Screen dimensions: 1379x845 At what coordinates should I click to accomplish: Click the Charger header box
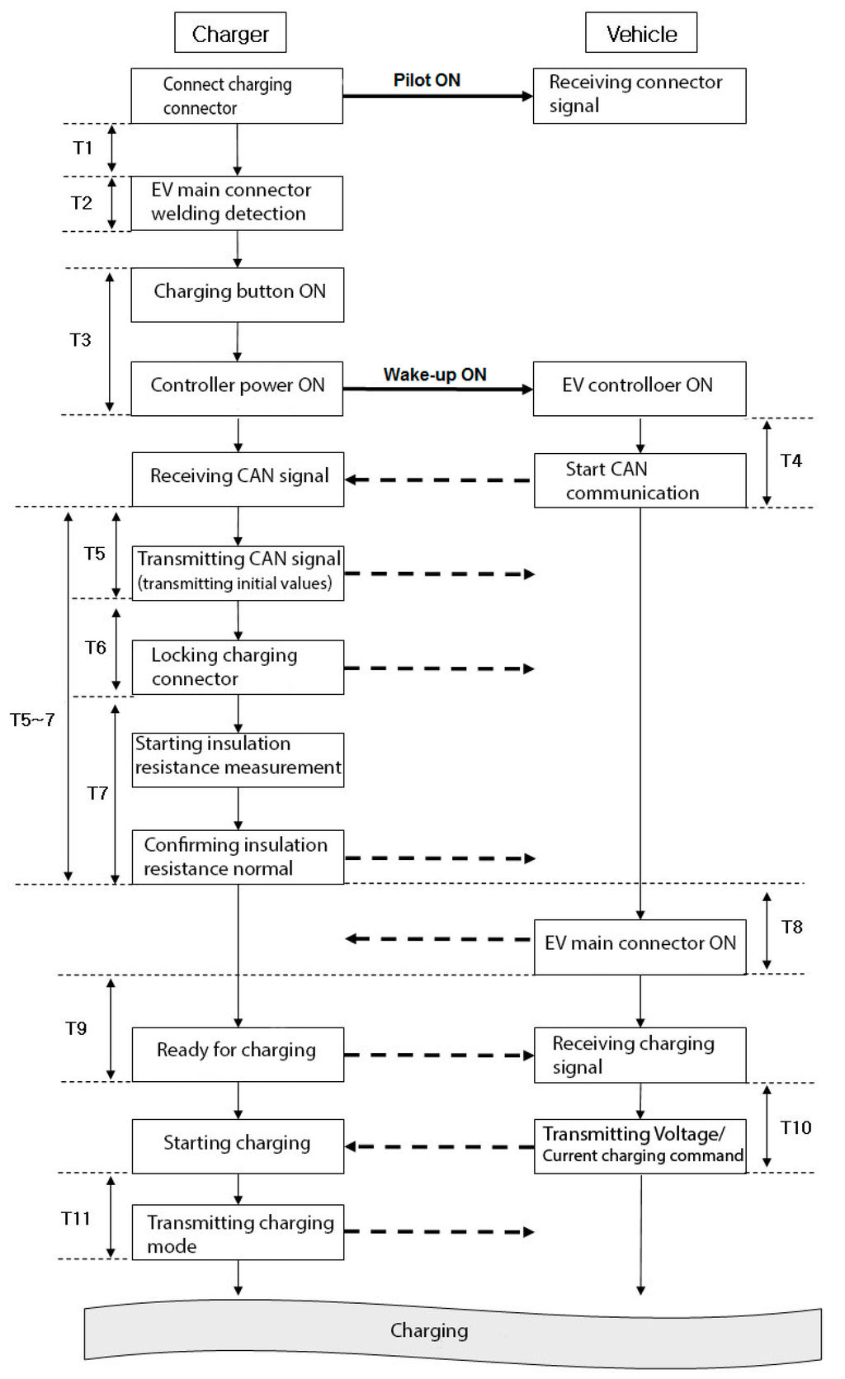[x=230, y=33]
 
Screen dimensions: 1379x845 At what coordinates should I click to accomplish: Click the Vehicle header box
[x=641, y=33]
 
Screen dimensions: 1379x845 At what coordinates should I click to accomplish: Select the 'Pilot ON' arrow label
[x=427, y=80]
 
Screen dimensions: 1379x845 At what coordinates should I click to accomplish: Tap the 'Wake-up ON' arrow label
[x=435, y=375]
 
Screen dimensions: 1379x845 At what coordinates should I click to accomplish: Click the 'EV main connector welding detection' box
[x=237, y=202]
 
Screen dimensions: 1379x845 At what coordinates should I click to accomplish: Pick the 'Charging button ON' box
[x=237, y=294]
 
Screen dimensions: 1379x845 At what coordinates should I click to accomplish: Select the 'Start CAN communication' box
[x=640, y=480]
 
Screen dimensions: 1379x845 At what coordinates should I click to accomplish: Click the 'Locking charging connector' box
[x=238, y=667]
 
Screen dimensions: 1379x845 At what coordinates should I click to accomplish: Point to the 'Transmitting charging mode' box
[x=238, y=1232]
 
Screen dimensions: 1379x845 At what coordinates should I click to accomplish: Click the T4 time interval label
[x=791, y=460]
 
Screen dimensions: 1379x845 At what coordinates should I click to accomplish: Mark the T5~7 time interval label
[x=32, y=720]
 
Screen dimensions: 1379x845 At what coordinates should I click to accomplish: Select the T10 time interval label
[x=795, y=1127]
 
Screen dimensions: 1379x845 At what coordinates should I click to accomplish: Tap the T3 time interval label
[x=80, y=340]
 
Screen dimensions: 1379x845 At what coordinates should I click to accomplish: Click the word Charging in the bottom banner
[x=429, y=1330]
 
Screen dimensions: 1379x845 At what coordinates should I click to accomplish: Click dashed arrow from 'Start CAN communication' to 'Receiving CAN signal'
[x=438, y=479]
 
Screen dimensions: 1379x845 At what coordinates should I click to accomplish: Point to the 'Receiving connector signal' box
[x=640, y=96]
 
